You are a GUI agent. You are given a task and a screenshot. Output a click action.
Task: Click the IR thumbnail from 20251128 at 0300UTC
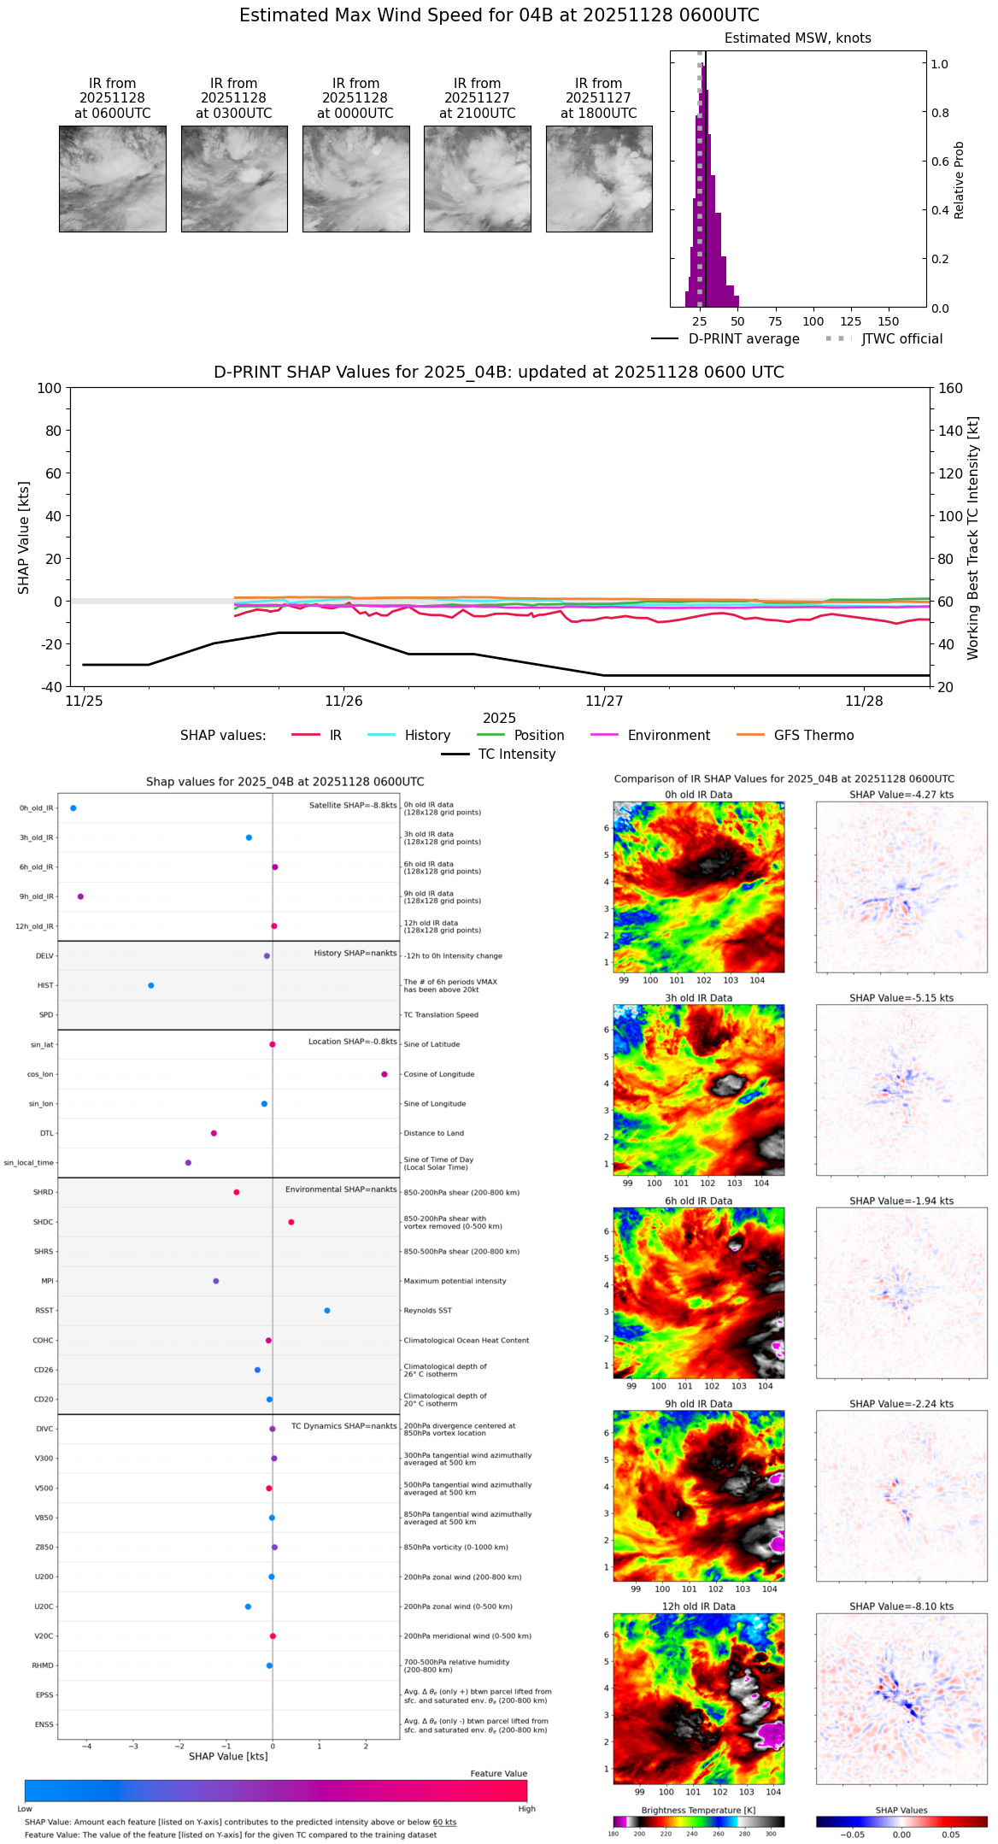pyautogui.click(x=234, y=179)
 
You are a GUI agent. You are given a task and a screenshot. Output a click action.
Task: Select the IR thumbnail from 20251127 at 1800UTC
pyautogui.click(x=599, y=179)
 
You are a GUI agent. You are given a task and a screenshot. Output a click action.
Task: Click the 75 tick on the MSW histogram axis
pyautogui.click(x=775, y=322)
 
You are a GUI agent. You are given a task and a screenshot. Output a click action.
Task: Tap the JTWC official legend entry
pyautogui.click(x=884, y=339)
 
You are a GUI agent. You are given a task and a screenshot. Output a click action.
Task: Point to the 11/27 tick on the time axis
pyautogui.click(x=604, y=702)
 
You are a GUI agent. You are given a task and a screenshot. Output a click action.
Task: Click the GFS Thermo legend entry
pyautogui.click(x=795, y=736)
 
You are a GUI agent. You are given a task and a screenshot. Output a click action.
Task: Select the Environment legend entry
pyautogui.click(x=650, y=736)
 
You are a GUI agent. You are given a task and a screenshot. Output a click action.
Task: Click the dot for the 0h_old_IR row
pyautogui.click(x=73, y=808)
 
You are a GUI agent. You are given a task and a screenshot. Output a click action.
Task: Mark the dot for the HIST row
pyautogui.click(x=151, y=985)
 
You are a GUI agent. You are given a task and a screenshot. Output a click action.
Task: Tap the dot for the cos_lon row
pyautogui.click(x=385, y=1074)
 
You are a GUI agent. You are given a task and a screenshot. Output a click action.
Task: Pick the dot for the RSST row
pyautogui.click(x=327, y=1311)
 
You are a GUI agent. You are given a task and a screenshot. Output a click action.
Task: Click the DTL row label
pyautogui.click(x=46, y=1134)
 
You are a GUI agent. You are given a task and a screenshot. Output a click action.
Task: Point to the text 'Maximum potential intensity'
pyautogui.click(x=455, y=1281)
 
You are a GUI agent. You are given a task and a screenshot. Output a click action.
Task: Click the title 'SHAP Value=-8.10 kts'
pyautogui.click(x=901, y=1606)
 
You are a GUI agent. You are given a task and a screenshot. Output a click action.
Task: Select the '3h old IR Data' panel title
pyautogui.click(x=698, y=998)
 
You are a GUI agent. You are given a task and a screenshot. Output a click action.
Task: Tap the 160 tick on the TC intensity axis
pyautogui.click(x=950, y=388)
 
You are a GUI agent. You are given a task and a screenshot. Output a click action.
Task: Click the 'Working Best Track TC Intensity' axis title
pyautogui.click(x=973, y=538)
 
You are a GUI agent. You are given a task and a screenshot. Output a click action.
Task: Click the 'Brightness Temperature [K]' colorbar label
pyautogui.click(x=698, y=1811)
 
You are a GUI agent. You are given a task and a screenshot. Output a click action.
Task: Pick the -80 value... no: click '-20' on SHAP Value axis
pyautogui.click(x=50, y=644)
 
